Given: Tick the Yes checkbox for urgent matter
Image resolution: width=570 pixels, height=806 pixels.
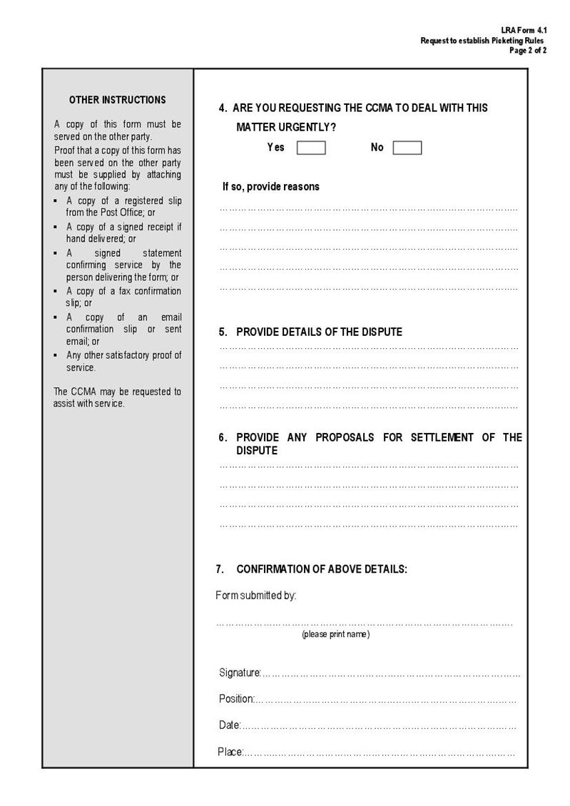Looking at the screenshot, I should tap(311, 148).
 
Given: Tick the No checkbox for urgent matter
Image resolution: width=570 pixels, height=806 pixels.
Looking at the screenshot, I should tap(407, 148).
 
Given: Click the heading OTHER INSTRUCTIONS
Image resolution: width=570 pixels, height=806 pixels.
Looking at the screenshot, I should tap(118, 100).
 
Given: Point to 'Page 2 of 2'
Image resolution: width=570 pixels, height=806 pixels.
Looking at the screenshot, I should tap(528, 51).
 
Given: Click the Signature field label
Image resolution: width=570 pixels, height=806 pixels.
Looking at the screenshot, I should tap(240, 673).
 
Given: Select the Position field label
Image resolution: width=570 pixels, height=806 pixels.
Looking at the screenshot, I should tap(236, 699).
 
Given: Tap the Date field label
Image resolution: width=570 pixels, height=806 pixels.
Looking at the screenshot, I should tap(229, 725).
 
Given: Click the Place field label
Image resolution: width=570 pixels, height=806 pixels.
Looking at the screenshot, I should tap(230, 752).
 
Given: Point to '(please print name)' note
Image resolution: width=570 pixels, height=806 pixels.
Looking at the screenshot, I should tap(335, 634).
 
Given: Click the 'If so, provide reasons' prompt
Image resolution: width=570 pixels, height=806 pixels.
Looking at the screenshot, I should tap(271, 187).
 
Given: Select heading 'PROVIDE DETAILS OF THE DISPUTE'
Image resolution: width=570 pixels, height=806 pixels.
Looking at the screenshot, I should tap(319, 332).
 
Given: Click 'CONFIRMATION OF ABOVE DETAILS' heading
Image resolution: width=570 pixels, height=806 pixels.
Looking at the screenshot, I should tap(322, 569).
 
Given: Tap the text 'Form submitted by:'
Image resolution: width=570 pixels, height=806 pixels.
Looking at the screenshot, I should tap(255, 596).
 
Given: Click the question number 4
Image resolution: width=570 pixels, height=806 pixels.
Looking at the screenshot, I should tap(223, 108).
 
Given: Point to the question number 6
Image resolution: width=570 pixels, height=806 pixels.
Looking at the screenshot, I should tap(223, 437).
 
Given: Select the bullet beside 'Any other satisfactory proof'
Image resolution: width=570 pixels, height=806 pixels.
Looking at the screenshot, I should tap(56, 355).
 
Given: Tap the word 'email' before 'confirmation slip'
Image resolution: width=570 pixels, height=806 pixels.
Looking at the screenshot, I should tap(171, 317).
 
